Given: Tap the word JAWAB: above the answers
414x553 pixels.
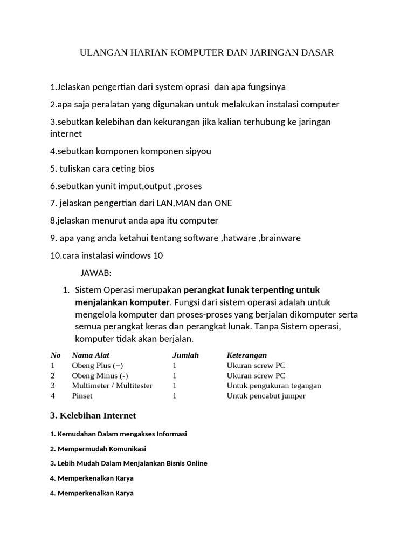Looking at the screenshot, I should click(96, 273).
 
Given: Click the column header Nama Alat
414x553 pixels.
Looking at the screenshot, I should click(90, 355).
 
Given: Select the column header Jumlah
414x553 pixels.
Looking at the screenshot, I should click(185, 355).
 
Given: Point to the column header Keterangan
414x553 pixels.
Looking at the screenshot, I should click(247, 355).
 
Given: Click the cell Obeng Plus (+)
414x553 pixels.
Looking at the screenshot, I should click(98, 365).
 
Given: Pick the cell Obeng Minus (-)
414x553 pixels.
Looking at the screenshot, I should click(100, 375).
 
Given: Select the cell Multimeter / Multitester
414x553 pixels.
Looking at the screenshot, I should click(112, 386).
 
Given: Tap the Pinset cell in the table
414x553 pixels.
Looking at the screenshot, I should click(82, 396).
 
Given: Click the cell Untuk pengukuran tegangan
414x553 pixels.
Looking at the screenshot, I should click(274, 386).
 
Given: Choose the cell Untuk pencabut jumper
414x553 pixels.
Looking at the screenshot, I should click(266, 396).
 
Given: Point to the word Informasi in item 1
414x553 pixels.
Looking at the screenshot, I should click(171, 434).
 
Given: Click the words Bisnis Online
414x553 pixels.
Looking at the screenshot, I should click(188, 463).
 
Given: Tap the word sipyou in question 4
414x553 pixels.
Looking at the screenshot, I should click(198, 151).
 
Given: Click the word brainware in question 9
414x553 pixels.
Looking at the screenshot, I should click(280, 238).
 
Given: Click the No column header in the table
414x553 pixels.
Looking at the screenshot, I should click(56, 355).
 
